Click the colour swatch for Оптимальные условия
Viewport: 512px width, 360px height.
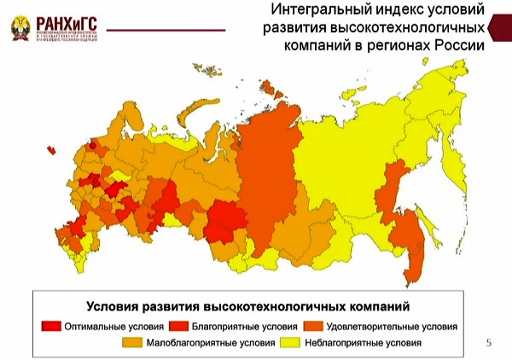tap(51, 327)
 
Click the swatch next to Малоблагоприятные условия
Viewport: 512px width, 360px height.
tap(134, 343)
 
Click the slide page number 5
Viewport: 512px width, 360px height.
tap(488, 343)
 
